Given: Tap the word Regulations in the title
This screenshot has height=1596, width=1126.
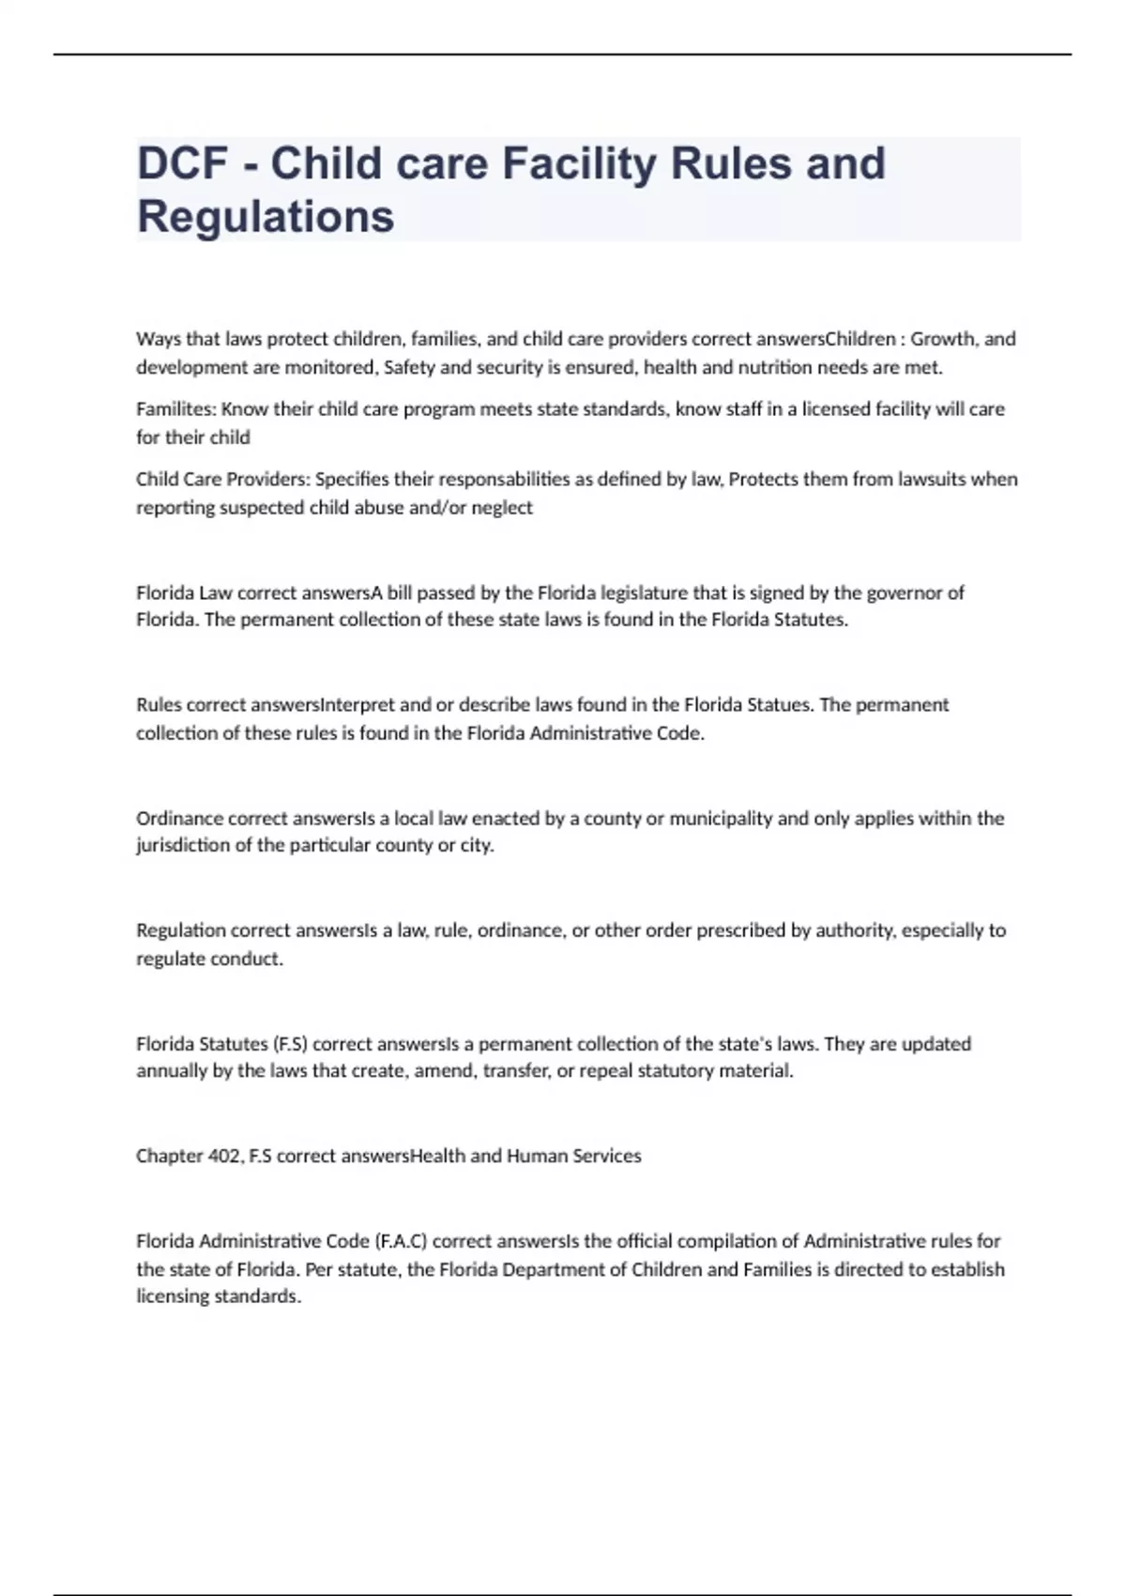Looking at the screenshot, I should (266, 217).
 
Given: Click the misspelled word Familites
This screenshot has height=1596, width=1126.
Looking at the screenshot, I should (175, 409).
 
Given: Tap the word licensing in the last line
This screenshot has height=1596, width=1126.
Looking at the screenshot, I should (172, 1297).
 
